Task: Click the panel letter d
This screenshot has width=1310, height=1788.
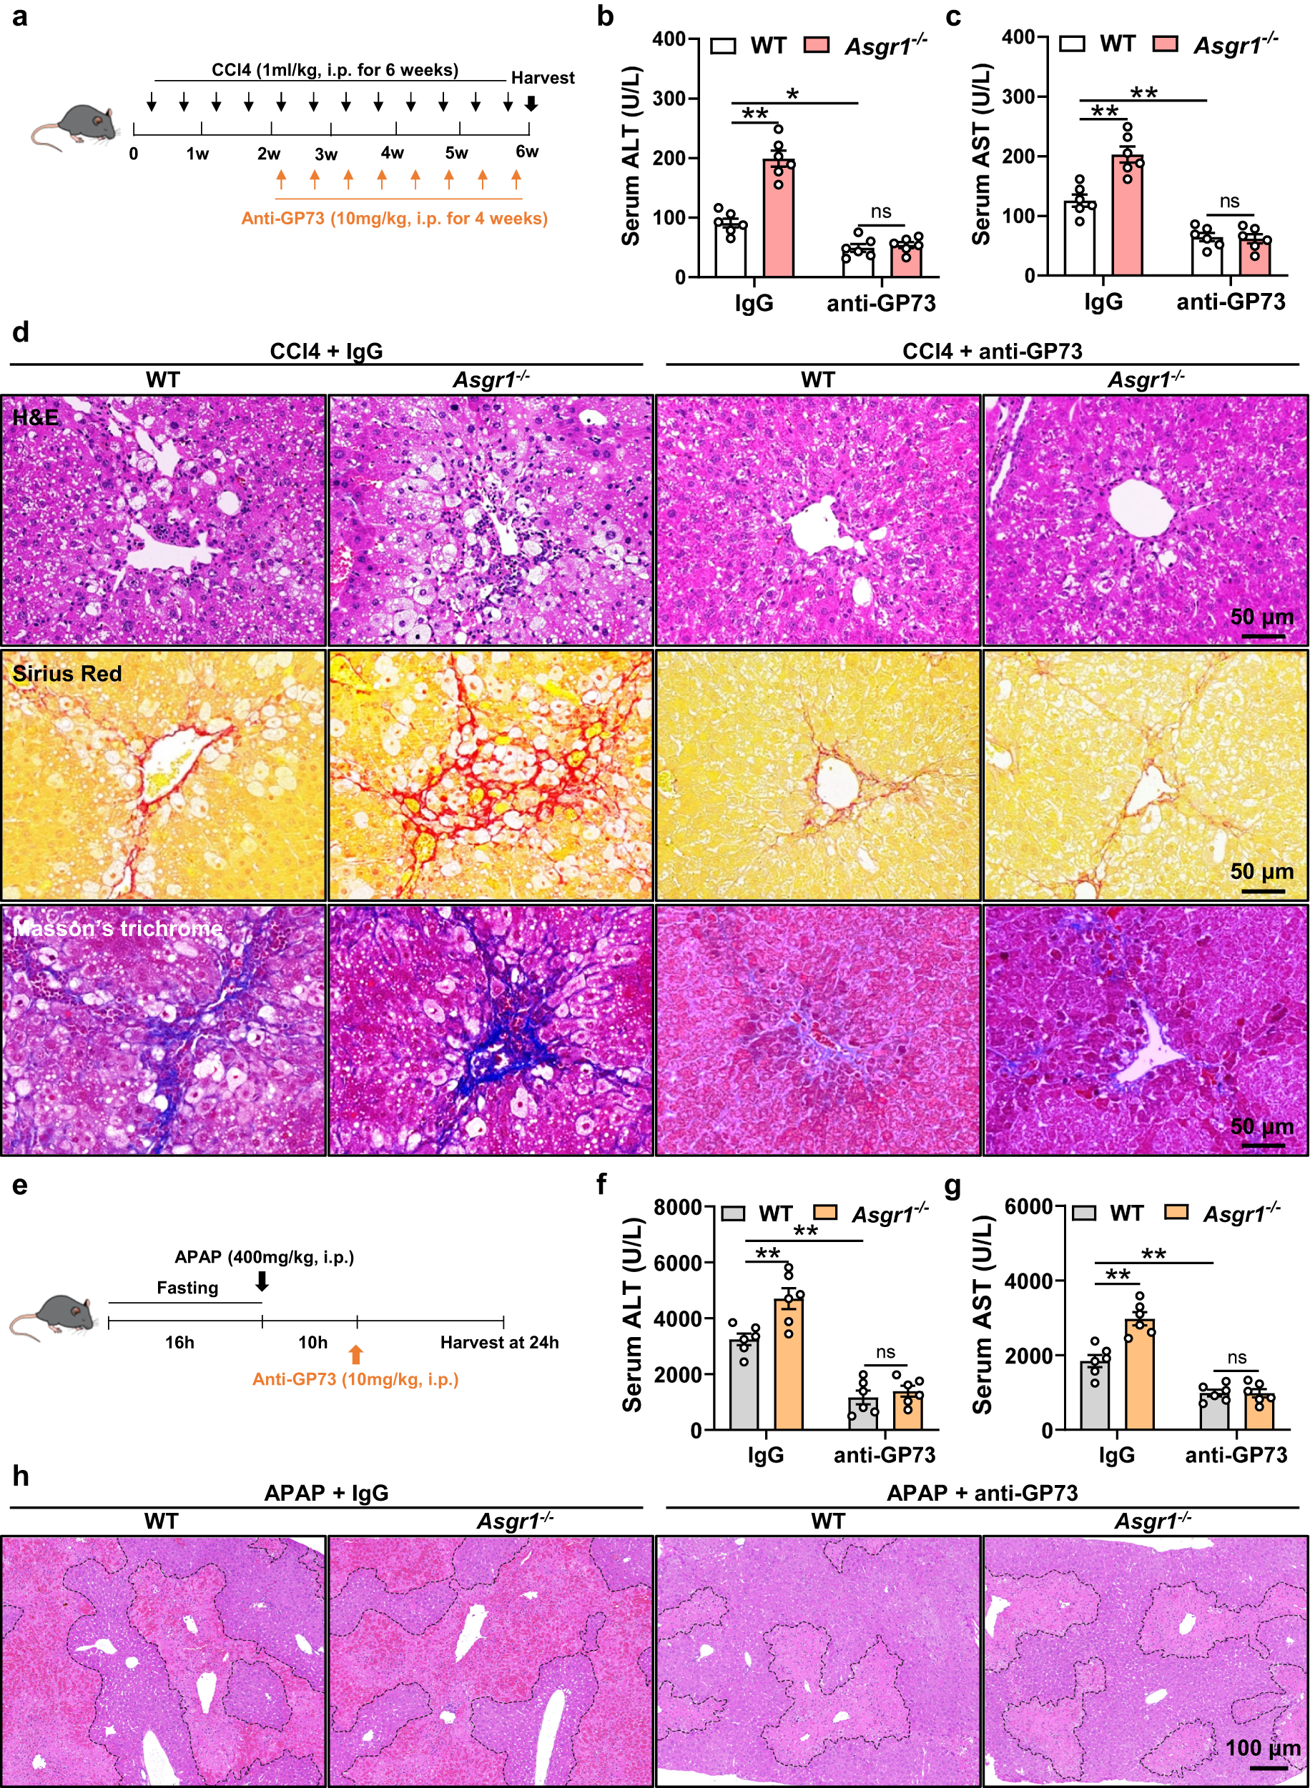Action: [x=21, y=332]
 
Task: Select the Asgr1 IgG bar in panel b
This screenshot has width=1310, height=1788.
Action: [x=779, y=218]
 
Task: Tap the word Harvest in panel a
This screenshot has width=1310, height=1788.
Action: [x=543, y=78]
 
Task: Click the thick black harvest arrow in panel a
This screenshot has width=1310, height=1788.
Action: [x=531, y=103]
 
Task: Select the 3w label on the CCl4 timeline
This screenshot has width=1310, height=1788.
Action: [x=326, y=154]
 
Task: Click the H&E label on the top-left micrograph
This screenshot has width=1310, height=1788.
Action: [x=35, y=417]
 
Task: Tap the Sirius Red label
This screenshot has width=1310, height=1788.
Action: [x=67, y=674]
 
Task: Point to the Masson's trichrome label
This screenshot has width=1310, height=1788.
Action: [x=117, y=928]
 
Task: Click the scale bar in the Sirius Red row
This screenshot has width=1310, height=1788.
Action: [x=1261, y=891]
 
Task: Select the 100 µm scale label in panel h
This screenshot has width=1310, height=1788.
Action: [x=1262, y=1747]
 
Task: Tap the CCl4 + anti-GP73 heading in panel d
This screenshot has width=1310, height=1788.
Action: [x=992, y=351]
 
